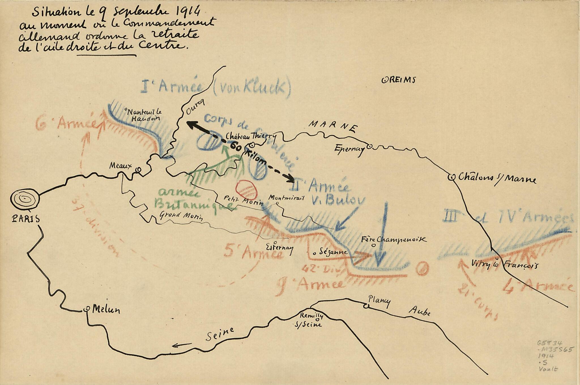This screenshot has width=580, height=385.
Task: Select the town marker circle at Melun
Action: [x=87, y=309]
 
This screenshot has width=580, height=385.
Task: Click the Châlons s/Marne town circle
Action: [x=451, y=177]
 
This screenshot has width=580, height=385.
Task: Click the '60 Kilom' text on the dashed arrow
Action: [x=248, y=155]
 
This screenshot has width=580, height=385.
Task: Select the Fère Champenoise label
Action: [x=394, y=239]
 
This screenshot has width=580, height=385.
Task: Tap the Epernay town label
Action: [x=349, y=149]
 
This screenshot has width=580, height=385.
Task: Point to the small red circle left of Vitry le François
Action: [x=422, y=268]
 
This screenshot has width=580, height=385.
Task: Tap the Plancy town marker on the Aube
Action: [x=367, y=306]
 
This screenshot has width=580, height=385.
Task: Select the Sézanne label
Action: [x=333, y=252]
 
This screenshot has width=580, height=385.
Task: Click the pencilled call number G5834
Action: [x=547, y=343]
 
